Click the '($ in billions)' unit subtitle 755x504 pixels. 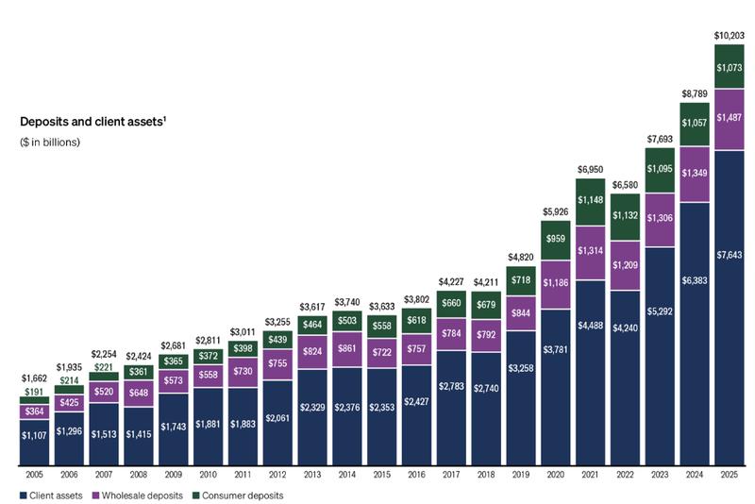click(x=50, y=143)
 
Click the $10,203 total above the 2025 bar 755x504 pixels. click(x=730, y=35)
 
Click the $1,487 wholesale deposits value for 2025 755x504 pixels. click(x=730, y=117)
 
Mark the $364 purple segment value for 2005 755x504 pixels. click(x=34, y=412)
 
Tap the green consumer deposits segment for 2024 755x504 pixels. click(x=695, y=124)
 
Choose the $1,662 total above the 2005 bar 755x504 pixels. click(x=34, y=377)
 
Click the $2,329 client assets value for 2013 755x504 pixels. click(x=312, y=407)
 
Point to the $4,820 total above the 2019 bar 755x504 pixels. click(x=521, y=256)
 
